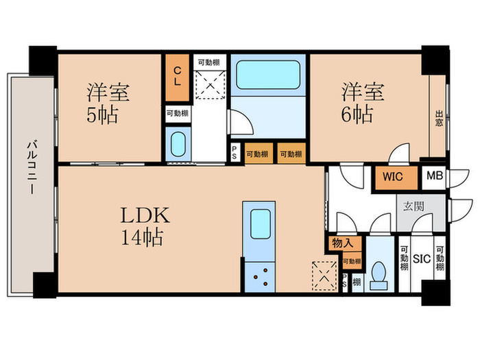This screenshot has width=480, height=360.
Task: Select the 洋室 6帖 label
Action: [363, 102]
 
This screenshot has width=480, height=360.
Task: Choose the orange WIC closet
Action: [393, 176]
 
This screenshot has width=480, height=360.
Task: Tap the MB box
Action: [434, 176]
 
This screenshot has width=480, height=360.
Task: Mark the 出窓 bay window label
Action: [439, 119]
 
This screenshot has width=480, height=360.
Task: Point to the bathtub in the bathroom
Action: [267, 74]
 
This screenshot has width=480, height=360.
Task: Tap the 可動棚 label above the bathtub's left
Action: [210, 62]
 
